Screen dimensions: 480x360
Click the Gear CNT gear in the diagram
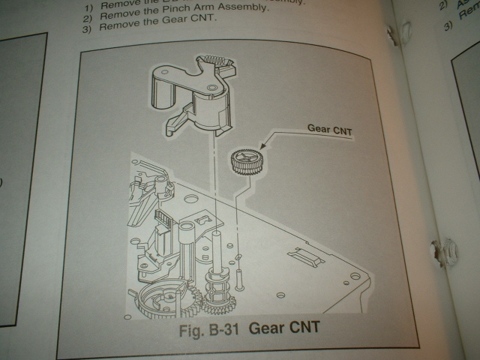(244, 160)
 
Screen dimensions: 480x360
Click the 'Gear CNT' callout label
(330, 127)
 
